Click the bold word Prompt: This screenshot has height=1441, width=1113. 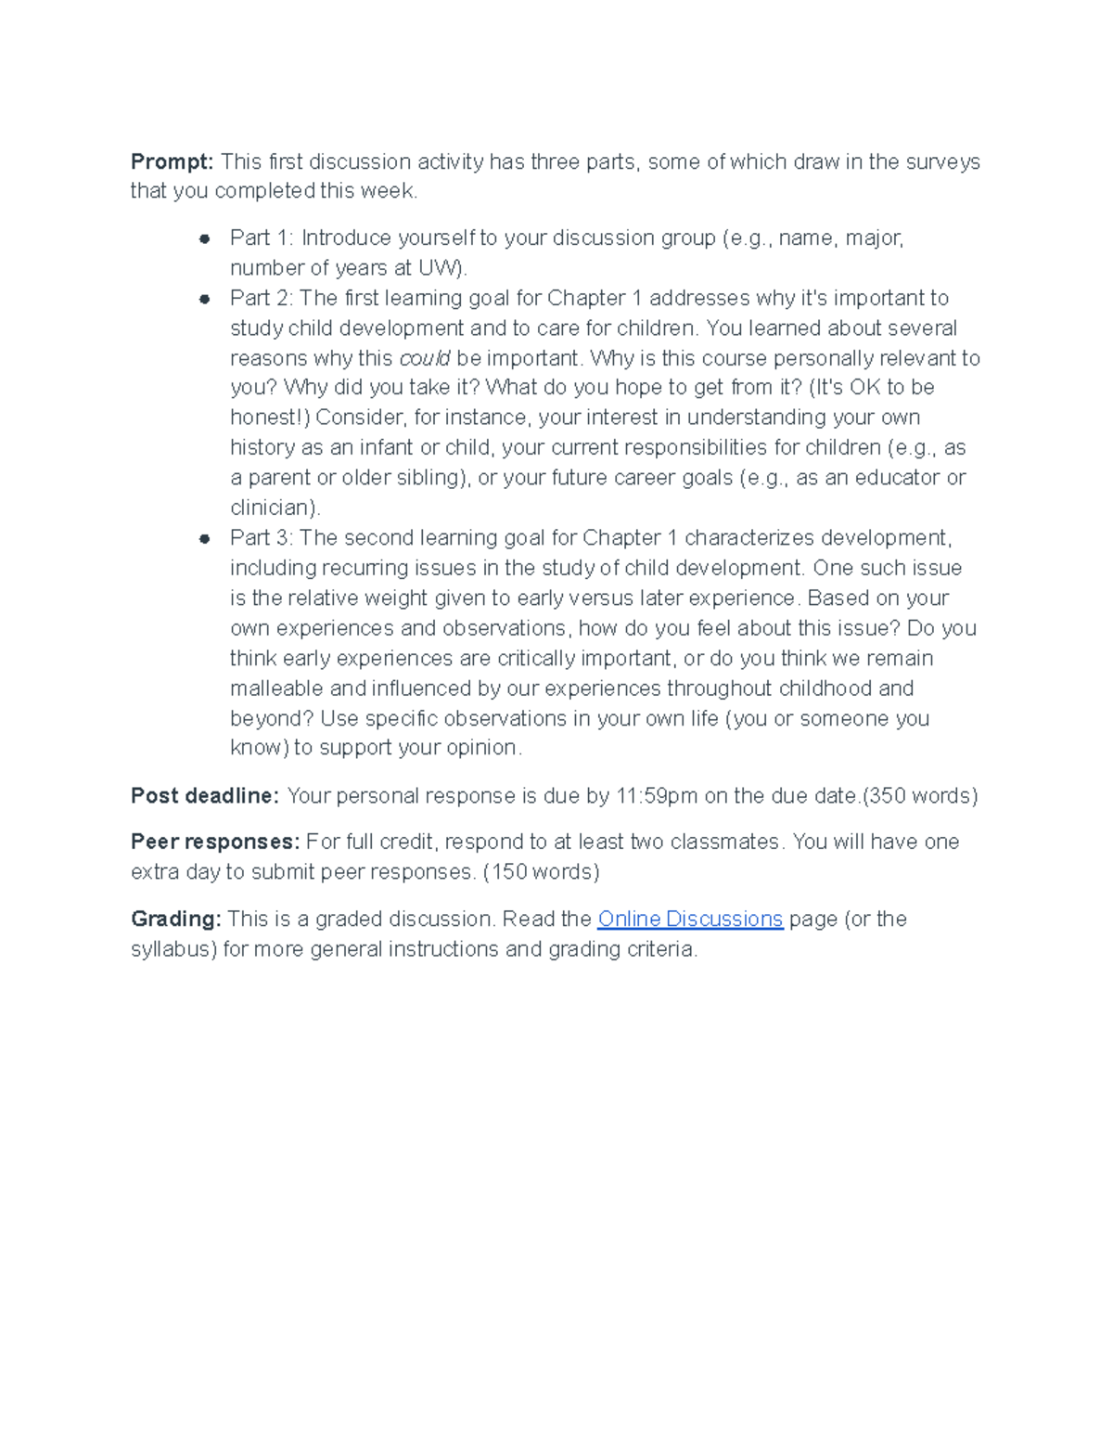[x=172, y=162]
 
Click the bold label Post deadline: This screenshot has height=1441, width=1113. [x=204, y=796]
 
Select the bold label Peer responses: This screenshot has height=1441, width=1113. [x=215, y=842]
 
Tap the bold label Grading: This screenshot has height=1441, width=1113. [x=175, y=919]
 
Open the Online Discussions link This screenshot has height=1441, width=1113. [x=690, y=919]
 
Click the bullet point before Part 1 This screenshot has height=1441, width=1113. [x=204, y=239]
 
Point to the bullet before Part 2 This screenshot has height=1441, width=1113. [x=204, y=299]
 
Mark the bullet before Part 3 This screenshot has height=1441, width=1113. [x=204, y=539]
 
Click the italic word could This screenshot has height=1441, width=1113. [x=424, y=358]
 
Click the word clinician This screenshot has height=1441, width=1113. [x=273, y=508]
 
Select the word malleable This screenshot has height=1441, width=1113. [x=276, y=688]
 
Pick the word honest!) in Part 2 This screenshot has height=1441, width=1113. [x=270, y=418]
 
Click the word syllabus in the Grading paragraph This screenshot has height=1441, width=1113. [x=173, y=949]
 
